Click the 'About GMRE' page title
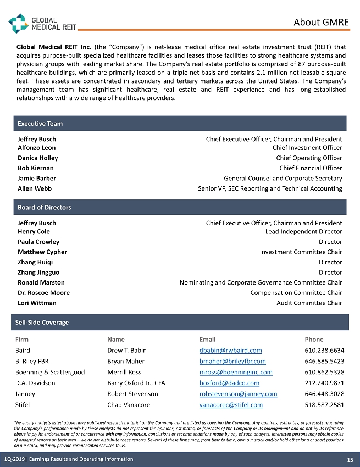click(x=321, y=22)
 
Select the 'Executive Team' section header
click(x=40, y=124)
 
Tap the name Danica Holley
click(x=37, y=158)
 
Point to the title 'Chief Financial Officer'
click(x=311, y=168)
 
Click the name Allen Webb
click(x=35, y=188)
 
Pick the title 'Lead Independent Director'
click(x=303, y=232)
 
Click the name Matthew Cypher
click(x=42, y=252)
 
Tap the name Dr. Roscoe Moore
click(x=43, y=293)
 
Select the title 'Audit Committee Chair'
click(x=309, y=303)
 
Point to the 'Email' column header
click(x=207, y=340)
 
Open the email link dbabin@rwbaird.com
click(x=230, y=350)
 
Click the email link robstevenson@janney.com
click(x=238, y=394)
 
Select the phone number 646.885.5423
click(x=324, y=361)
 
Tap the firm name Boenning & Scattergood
click(x=50, y=372)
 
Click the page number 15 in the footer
click(x=350, y=459)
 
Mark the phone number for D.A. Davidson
click(x=324, y=383)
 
